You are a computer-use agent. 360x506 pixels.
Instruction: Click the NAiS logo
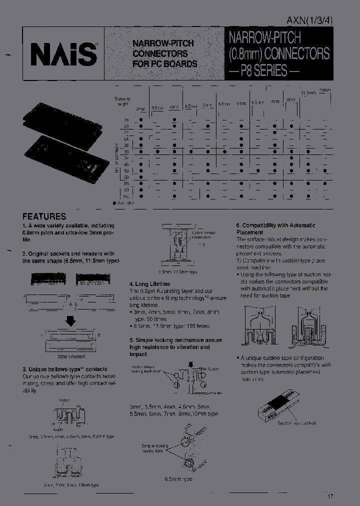point(62,52)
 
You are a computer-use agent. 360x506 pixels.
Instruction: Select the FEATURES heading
point(44,216)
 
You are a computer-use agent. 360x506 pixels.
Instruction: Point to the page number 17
point(330,496)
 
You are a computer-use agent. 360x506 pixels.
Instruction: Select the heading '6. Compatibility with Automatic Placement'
point(275,229)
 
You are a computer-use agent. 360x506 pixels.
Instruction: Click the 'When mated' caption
point(71,356)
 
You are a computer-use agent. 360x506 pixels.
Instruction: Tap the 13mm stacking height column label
point(324,90)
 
